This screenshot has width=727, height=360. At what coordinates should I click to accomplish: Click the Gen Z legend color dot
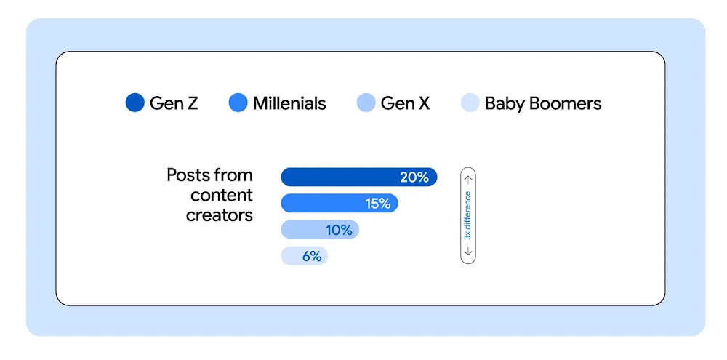136,103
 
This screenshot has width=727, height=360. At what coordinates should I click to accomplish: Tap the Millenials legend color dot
238,103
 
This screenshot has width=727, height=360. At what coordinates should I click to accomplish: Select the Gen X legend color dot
366,103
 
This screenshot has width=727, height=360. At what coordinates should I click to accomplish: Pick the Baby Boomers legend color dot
471,103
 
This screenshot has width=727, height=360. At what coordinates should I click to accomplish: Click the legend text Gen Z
173,103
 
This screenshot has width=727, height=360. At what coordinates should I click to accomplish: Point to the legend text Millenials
289,103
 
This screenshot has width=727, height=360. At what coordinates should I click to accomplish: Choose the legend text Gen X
405,103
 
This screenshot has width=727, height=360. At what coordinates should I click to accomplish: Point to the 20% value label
414,177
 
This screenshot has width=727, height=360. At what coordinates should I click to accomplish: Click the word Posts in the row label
188,175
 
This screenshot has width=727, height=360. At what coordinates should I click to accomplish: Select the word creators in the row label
219,215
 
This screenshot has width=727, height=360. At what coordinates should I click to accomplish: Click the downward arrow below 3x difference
468,252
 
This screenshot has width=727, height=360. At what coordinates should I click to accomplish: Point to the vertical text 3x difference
468,215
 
